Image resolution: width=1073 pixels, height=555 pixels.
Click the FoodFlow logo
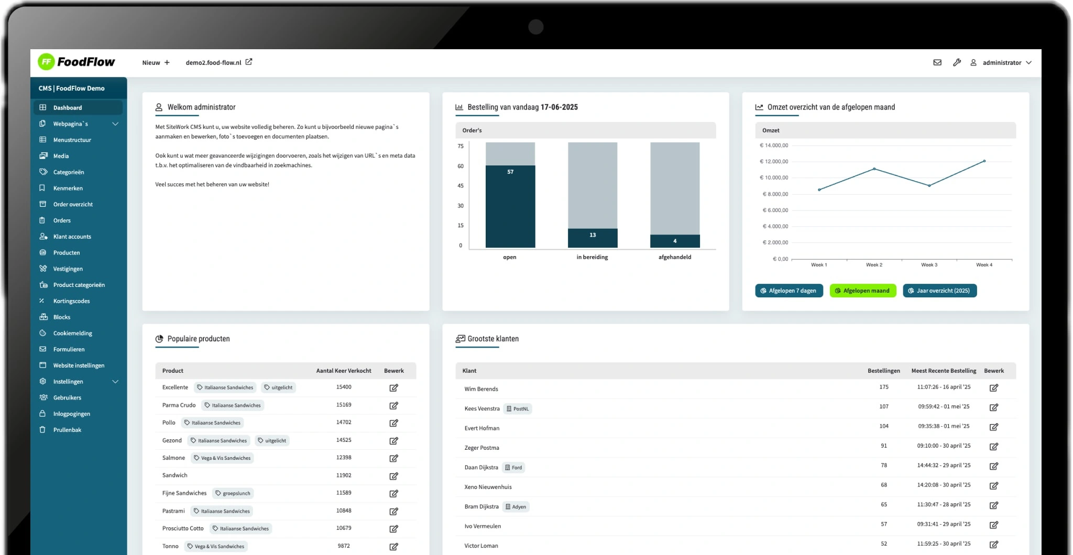pos(76,62)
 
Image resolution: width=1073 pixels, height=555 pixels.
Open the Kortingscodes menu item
pos(71,301)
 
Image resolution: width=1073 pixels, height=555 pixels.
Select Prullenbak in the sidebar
pos(67,430)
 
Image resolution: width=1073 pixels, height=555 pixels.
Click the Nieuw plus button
pos(156,62)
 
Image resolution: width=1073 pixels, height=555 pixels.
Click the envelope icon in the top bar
pos(937,62)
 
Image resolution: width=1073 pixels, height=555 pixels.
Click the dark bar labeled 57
pos(510,206)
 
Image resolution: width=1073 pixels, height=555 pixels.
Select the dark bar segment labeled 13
pos(593,238)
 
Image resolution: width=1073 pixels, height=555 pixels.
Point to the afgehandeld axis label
pos(675,257)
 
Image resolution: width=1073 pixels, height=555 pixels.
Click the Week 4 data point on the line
pos(984,161)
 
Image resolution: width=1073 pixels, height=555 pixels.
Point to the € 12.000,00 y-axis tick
pos(774,161)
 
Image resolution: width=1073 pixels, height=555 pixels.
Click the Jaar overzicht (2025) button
pos(939,291)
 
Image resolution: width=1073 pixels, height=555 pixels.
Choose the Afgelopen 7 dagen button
pos(789,291)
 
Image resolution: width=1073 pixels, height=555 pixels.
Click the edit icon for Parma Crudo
pos(393,405)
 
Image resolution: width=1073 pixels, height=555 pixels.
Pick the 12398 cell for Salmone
pos(344,458)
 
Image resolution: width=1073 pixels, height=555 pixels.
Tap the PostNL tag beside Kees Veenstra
pos(518,409)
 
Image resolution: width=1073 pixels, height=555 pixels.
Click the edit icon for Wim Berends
pos(994,387)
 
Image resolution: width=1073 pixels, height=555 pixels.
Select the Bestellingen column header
pos(883,371)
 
